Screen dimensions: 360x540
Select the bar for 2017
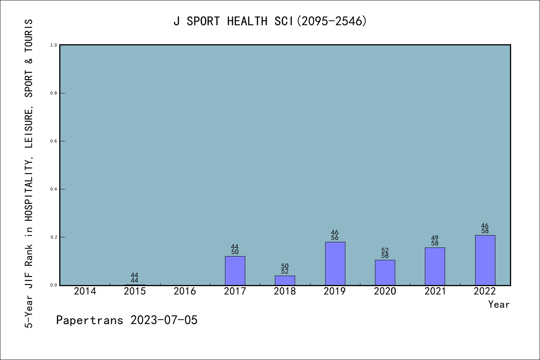pyautogui.click(x=235, y=271)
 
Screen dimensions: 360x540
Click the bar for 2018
pyautogui.click(x=285, y=280)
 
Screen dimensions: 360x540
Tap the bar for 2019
pyautogui.click(x=335, y=264)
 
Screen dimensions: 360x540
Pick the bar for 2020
pyautogui.click(x=385, y=273)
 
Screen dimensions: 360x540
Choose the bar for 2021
pyautogui.click(x=435, y=266)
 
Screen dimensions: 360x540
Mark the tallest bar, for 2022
pyautogui.click(x=485, y=260)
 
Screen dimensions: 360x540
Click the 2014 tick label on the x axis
pyautogui.click(x=85, y=291)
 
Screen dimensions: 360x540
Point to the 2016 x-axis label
pyautogui.click(x=185, y=291)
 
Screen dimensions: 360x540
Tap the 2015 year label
pyautogui.click(x=135, y=291)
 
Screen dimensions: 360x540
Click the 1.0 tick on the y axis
pyautogui.click(x=54, y=45)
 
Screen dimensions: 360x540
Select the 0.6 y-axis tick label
pyautogui.click(x=54, y=141)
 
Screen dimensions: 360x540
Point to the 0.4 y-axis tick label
pyautogui.click(x=54, y=189)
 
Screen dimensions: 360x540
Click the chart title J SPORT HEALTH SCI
pyautogui.click(x=270, y=21)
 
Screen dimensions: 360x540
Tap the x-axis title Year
pyautogui.click(x=499, y=304)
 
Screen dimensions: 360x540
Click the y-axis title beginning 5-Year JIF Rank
pyautogui.click(x=29, y=173)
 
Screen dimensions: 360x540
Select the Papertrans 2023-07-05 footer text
pyautogui.click(x=127, y=320)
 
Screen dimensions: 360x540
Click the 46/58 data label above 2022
pyautogui.click(x=485, y=228)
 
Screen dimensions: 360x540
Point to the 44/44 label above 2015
pyautogui.click(x=135, y=278)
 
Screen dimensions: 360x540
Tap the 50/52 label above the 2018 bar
pyautogui.click(x=285, y=269)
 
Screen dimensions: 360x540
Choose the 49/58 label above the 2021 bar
pyautogui.click(x=435, y=241)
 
